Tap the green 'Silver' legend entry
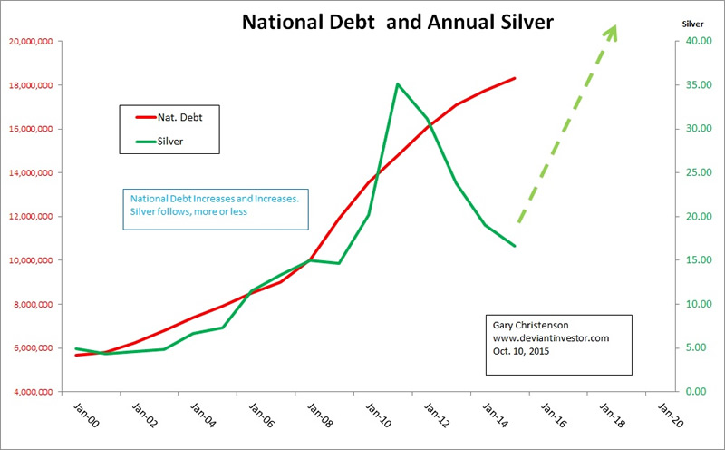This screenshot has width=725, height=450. click(x=177, y=141)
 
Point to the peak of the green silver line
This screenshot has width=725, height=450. click(x=398, y=84)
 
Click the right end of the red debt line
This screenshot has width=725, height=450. click(x=514, y=78)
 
